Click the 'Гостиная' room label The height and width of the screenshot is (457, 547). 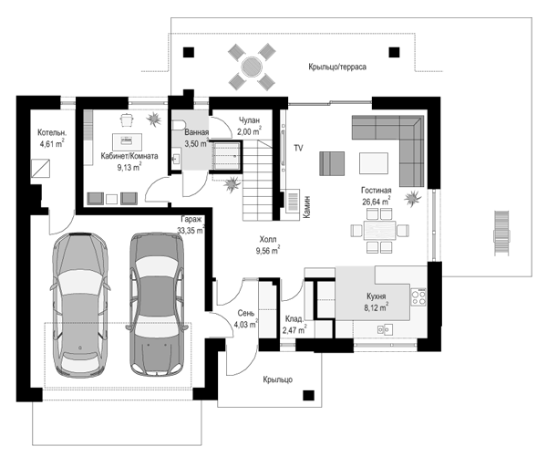376,191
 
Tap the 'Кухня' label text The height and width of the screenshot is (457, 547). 376,296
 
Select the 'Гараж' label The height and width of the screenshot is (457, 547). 191,219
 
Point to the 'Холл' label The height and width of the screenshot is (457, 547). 268,240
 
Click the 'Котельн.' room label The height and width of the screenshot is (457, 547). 52,132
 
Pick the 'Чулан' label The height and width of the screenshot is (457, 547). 249,120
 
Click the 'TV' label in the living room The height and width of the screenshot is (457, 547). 298,148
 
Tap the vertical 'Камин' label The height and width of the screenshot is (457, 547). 306,207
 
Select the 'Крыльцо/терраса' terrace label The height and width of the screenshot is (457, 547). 337,67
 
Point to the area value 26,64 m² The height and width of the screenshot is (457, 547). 376,201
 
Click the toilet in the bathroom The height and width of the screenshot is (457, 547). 179,126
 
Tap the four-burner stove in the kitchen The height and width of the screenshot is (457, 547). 418,297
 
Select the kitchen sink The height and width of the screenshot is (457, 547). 385,329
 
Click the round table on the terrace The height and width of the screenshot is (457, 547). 252,67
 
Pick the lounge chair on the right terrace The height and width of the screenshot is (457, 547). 501,233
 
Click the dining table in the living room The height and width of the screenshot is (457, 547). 379,231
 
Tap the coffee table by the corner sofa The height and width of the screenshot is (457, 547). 374,162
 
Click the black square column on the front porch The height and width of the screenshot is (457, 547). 308,395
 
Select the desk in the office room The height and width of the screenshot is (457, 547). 127,141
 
